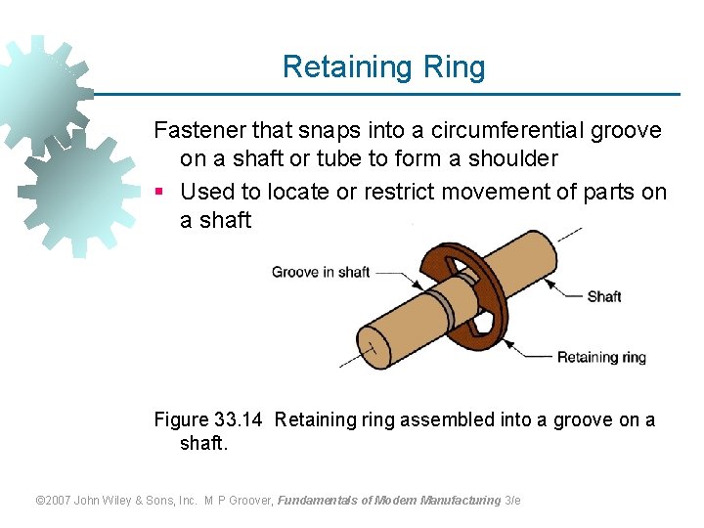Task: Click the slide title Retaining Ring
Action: click(x=383, y=67)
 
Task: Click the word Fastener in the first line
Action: click(x=198, y=131)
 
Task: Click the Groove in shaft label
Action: click(x=321, y=272)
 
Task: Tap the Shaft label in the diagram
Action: click(x=603, y=296)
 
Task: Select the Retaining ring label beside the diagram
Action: click(x=601, y=357)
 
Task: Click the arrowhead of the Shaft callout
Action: click(x=545, y=283)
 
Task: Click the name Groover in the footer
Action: click(x=248, y=501)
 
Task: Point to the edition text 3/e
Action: click(x=512, y=501)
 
